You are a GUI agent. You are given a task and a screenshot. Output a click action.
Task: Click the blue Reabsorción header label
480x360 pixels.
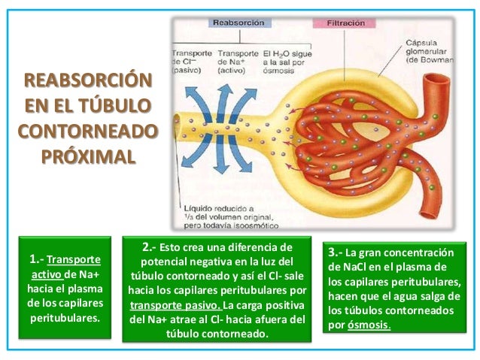click(x=238, y=23)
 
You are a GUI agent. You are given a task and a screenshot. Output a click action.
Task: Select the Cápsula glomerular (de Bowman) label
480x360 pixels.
click(x=429, y=50)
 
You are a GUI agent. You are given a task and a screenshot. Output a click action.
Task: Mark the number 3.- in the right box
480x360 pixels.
click(x=336, y=252)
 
